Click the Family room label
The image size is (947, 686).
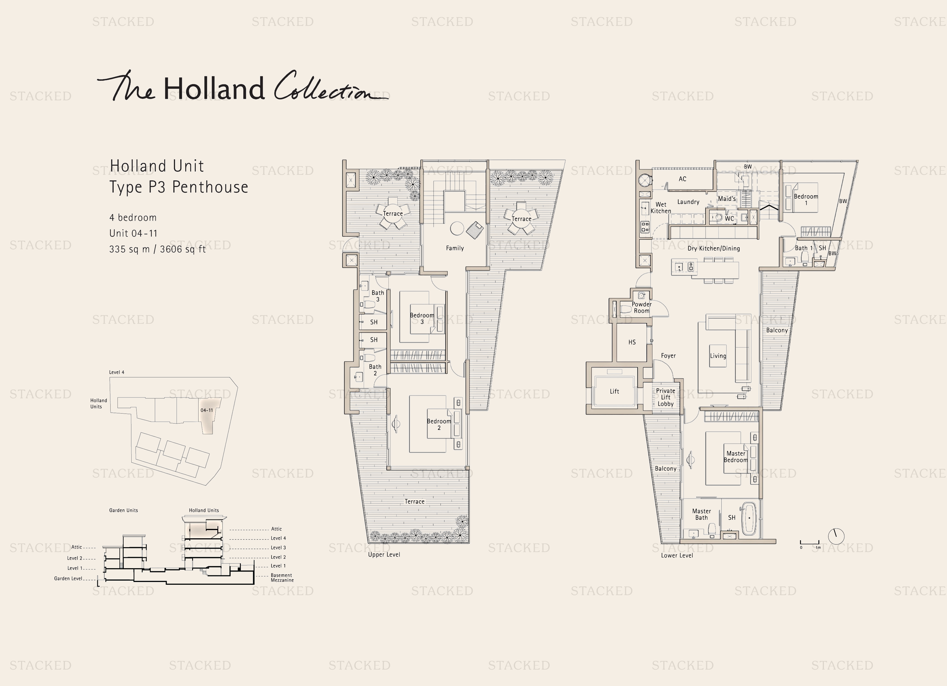455,248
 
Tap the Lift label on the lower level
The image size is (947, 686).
614,391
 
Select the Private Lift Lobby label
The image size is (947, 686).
666,397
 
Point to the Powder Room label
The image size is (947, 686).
641,308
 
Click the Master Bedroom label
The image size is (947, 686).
736,457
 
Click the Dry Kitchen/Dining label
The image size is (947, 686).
714,249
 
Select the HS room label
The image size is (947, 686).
632,342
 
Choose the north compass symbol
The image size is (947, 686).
836,536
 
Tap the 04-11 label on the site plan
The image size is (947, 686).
207,410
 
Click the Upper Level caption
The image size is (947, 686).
384,555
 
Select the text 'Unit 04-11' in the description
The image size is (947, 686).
133,233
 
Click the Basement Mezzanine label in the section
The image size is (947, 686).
282,578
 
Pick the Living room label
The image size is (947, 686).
718,356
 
